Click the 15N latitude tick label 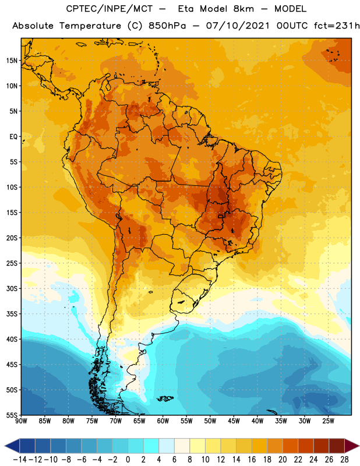12,61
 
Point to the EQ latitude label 13,137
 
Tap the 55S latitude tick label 12,415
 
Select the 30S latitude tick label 12,288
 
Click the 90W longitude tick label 21,421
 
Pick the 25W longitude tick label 328,421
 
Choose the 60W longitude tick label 163,421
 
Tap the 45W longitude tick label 234,421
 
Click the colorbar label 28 344,460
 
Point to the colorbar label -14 20,460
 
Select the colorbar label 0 128,460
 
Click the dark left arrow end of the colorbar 12,446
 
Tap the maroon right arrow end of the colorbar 352,446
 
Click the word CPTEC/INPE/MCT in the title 110,9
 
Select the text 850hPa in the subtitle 167,26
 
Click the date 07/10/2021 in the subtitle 238,26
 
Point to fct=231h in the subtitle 337,26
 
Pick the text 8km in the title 243,9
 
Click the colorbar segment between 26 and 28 337,446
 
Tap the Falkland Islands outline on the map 165,398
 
